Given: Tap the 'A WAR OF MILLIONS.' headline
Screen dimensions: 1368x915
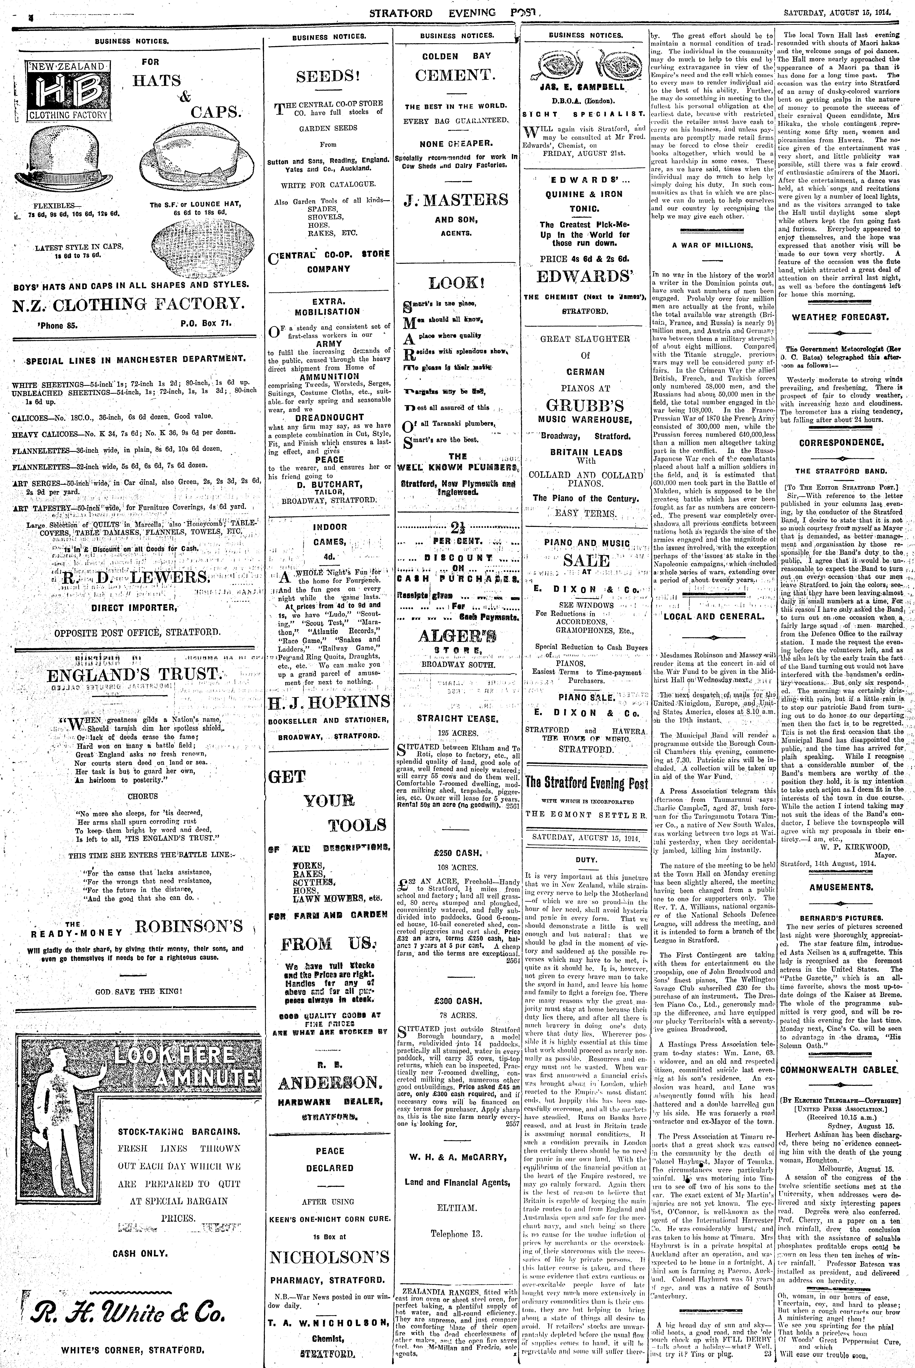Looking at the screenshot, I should coord(712,246).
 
